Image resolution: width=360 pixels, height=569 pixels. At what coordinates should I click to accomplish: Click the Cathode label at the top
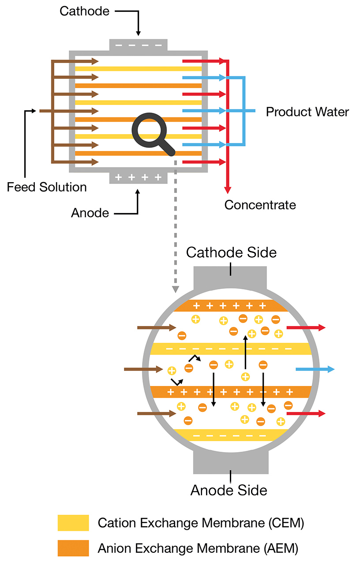tap(84, 11)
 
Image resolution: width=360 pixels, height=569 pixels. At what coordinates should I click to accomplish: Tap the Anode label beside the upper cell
tap(90, 213)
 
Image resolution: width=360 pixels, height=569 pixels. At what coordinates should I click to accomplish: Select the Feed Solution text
tap(47, 187)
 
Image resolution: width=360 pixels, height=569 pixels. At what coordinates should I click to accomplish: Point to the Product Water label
tap(307, 112)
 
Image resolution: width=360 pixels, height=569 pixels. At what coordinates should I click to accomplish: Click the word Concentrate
tap(260, 205)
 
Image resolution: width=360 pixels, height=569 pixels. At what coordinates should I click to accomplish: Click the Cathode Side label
tap(231, 253)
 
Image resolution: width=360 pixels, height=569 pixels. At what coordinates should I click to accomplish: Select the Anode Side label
tap(229, 490)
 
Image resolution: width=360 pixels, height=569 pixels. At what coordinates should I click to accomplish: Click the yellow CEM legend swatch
tap(73, 523)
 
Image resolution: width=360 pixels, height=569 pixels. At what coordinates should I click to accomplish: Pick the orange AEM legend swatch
tap(73, 548)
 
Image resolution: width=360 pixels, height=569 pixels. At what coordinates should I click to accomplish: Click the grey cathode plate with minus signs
tap(138, 45)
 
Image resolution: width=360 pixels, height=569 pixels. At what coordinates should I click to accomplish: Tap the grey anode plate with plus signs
tap(138, 177)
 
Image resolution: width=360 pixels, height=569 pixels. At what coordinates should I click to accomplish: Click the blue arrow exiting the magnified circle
tap(315, 369)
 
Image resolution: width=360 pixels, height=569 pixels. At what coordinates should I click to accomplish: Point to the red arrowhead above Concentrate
tap(227, 190)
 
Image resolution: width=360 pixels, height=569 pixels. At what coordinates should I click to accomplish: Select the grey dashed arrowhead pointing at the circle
tap(176, 289)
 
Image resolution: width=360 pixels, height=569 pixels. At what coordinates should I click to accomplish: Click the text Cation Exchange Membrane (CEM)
tap(201, 523)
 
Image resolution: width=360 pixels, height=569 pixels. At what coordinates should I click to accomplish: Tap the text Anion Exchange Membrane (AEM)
tap(198, 549)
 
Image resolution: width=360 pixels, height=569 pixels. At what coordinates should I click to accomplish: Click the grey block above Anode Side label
tap(230, 461)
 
